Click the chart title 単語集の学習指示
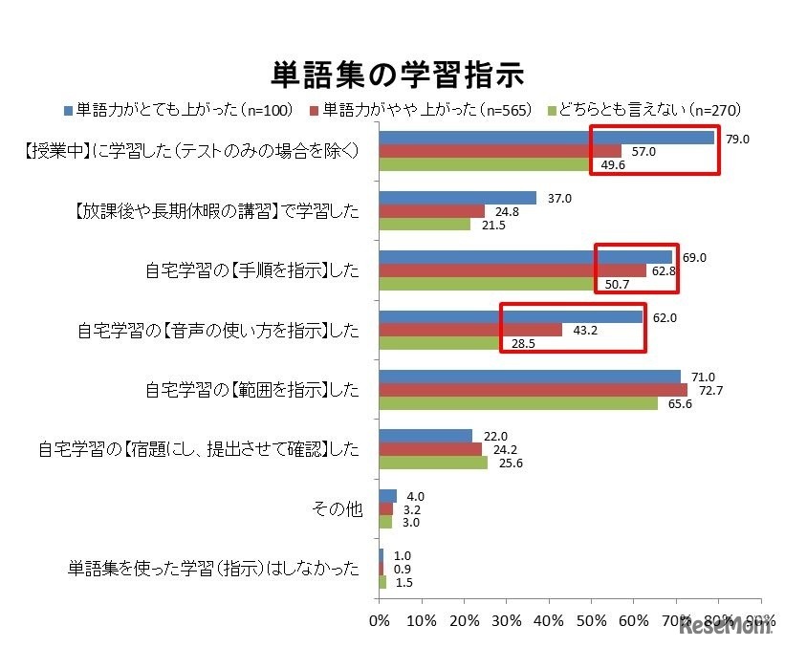point(391,74)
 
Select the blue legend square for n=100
point(67,109)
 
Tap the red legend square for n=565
point(314,109)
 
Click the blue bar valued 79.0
point(547,138)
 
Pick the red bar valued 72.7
point(533,390)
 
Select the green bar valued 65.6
point(518,403)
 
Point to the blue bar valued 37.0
point(458,198)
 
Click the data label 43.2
point(584,330)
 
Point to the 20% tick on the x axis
point(464,622)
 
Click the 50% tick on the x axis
point(591,622)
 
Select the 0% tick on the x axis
point(380,622)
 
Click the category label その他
point(338,509)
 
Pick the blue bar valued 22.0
point(425,436)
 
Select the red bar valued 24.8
point(432,211)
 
